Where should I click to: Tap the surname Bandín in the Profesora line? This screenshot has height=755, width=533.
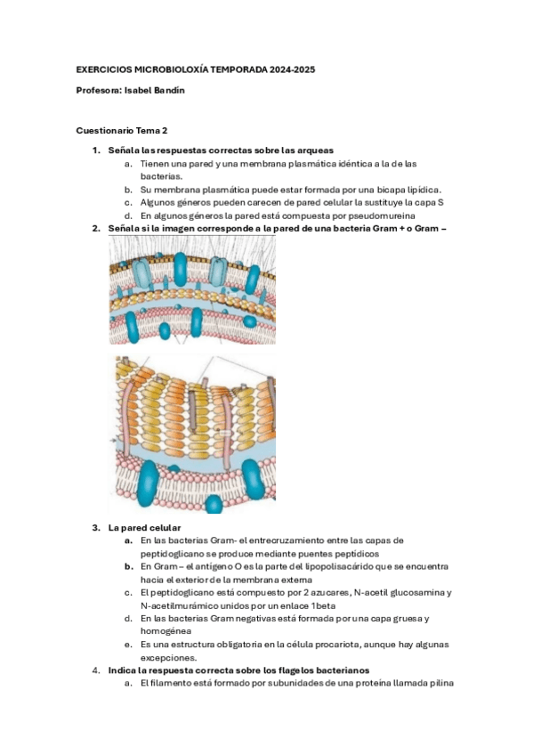[169, 91]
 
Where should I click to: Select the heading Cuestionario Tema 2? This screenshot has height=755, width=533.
[122, 131]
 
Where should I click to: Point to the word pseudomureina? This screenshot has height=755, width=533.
[382, 215]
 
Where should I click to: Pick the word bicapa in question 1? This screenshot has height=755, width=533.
[392, 190]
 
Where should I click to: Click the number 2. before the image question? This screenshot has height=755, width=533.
[96, 229]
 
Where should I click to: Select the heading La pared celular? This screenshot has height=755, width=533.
[144, 528]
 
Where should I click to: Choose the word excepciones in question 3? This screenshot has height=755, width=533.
[167, 658]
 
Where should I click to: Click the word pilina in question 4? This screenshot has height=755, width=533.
[440, 683]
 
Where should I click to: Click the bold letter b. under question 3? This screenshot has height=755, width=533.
[128, 567]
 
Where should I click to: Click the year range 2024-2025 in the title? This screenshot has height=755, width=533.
[293, 69]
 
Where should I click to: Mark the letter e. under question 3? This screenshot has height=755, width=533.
[128, 645]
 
